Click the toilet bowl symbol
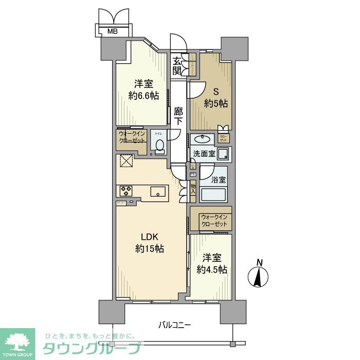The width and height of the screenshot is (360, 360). [159, 146]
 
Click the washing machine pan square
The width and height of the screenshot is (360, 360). [224, 153]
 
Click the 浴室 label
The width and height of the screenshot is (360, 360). [219, 180]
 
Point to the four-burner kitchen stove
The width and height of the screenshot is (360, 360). [127, 191]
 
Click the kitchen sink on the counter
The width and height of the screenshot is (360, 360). [157, 192]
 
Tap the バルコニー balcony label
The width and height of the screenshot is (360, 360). [174, 325]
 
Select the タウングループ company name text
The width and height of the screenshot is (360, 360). [91, 348]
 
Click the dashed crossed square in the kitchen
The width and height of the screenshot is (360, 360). [126, 161]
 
